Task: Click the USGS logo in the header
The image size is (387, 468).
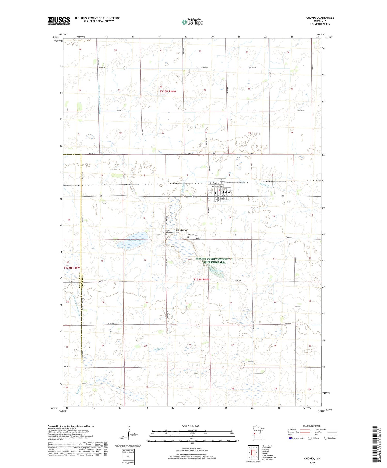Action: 59,20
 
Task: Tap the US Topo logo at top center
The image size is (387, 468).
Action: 192,22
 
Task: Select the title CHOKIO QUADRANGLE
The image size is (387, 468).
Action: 320,18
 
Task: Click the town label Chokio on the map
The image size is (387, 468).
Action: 225,192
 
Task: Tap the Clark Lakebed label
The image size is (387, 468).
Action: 181,230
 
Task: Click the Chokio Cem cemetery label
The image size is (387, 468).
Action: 192,235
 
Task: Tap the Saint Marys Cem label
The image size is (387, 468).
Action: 170,232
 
